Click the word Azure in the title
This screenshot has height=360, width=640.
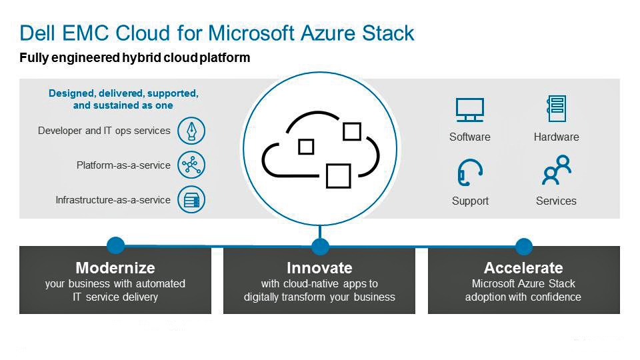pos(328,33)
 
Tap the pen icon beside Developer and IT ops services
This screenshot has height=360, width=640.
pos(191,131)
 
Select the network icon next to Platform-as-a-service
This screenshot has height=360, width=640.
pos(191,165)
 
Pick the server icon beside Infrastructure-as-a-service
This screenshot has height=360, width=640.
pos(191,199)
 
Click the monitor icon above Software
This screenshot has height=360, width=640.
pos(470,110)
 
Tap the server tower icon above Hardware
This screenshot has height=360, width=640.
pos(556,108)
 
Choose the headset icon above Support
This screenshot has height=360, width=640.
pos(470,172)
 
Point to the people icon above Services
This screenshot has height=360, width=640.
pos(556,170)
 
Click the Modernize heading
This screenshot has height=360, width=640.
pos(115,268)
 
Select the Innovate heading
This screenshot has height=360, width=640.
pos(319,268)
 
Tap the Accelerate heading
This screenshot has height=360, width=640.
pos(524,268)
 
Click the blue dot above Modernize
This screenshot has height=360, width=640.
pos(115,246)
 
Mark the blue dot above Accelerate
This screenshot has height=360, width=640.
pos(524,247)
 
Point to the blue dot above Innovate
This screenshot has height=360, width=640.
pos(320,247)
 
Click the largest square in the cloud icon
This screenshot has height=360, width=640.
pos(339,176)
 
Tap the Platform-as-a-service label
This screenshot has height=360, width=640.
pos(123,165)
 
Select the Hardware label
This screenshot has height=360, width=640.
pos(556,137)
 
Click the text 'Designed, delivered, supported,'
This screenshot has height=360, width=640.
pos(123,93)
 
